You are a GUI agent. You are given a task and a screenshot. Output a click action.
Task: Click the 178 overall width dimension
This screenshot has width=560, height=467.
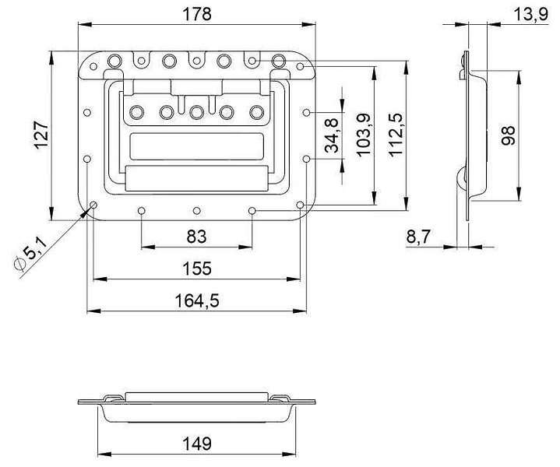197,14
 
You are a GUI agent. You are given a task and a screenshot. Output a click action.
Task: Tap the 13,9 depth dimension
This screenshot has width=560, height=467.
530,15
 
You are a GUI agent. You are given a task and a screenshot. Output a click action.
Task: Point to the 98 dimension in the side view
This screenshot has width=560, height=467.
508,135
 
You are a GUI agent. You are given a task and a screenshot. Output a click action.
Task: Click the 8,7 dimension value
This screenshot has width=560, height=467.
418,237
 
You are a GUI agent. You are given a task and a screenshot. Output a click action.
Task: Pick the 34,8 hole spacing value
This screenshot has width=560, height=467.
332,135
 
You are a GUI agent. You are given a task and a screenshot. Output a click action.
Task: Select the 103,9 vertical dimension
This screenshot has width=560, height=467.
364,135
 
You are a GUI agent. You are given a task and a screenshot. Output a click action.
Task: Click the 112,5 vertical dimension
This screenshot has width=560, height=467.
396,135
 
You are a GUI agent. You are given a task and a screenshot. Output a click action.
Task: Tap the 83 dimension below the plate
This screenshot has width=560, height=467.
196,237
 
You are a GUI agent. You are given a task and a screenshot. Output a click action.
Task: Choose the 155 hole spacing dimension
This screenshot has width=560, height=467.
197,269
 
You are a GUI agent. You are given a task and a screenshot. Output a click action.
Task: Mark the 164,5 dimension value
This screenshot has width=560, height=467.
197,300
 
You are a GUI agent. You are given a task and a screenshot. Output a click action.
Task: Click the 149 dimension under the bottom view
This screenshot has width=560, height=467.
197,444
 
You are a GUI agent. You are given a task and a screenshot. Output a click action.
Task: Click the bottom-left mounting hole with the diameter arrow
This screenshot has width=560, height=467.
93,205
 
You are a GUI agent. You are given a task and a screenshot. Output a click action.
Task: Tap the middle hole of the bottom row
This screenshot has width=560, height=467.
196,211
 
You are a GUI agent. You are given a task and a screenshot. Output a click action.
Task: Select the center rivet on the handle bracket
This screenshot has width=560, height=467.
196,112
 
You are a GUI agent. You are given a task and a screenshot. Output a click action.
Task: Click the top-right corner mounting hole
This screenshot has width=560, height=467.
300,66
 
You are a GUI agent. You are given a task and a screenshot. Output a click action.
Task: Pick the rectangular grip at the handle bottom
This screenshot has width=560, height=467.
197,178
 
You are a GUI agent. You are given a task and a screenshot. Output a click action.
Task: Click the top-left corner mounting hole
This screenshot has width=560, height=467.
93,66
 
